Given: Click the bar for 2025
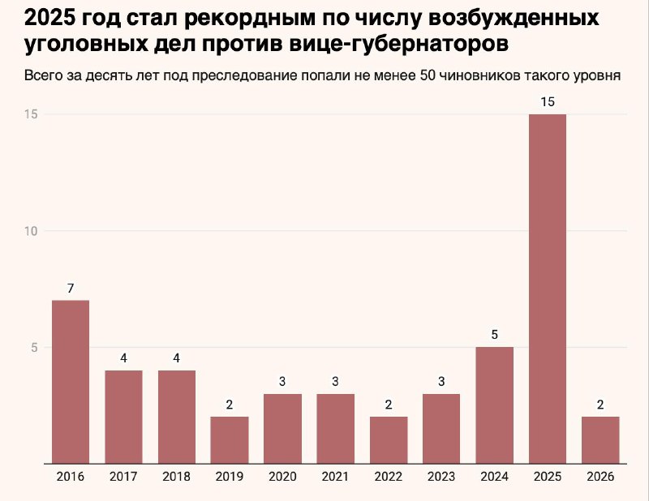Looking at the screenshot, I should pos(548,289).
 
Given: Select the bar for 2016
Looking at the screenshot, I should pos(71,382).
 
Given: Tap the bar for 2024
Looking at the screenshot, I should pos(495,405).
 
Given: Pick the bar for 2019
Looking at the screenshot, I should pos(230,440).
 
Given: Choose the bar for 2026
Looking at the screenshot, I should pos(600,440).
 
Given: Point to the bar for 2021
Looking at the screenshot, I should pos(335,429).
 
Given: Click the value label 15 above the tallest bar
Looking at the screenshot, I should pos(548,101).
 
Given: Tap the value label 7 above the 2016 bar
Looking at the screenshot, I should pos(71,288).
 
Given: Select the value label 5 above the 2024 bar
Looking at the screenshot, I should pos(495,334).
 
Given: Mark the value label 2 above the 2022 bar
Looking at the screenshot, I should pos(389,404).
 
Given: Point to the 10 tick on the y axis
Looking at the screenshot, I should pos(32,231).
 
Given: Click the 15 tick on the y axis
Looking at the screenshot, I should pos(32,114).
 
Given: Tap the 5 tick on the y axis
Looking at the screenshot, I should pos(35,348).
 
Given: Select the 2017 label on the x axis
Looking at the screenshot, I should pos(123,476).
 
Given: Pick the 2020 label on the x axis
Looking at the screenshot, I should pos(282,476).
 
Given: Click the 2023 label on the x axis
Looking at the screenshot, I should pos(441,476).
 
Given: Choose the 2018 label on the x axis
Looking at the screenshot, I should pos(176,476).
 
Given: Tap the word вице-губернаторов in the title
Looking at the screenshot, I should pos(406,45).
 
